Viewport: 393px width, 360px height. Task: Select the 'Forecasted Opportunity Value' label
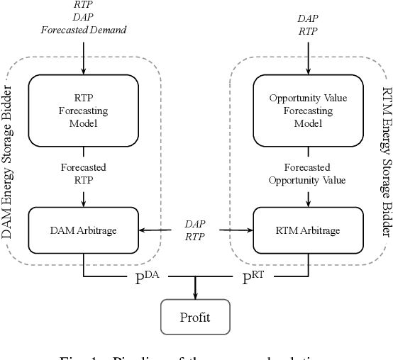[x=307, y=174]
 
